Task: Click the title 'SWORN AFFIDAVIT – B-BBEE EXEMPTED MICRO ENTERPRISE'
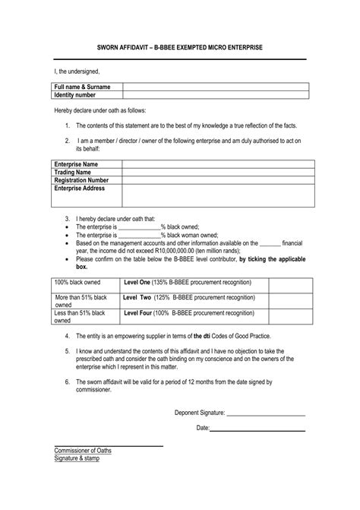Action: click(179, 47)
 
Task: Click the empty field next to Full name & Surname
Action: click(215, 87)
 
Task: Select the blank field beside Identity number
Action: click(215, 96)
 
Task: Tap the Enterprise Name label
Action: click(75, 164)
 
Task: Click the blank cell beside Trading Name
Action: click(215, 173)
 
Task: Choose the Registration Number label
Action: click(81, 180)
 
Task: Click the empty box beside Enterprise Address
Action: click(215, 195)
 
